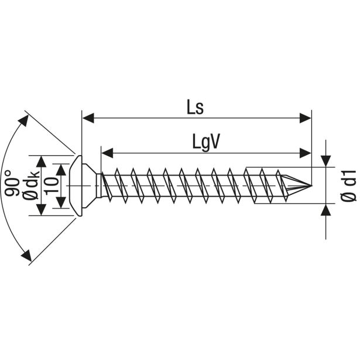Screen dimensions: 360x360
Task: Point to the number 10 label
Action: pyautogui.click(x=51, y=186)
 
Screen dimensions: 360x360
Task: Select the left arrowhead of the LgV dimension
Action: pyautogui.click(x=107, y=153)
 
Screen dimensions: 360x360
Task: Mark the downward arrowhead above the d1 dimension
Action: pyautogui.click(x=326, y=161)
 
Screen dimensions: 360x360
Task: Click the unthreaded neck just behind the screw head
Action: pyautogui.click(x=99, y=186)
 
